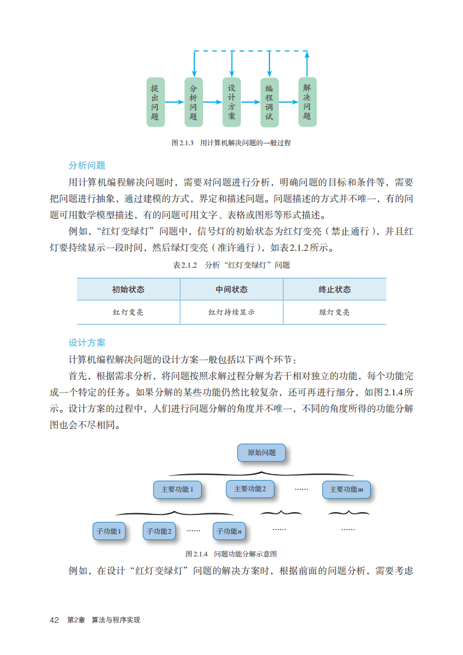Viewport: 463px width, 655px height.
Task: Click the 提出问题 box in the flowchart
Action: [155, 102]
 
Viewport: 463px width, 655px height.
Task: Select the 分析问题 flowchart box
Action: [194, 102]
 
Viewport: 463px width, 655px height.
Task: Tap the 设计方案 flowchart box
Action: [232, 102]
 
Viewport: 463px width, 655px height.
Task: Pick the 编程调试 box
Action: [269, 102]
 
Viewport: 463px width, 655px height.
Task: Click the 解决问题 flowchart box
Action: [307, 101]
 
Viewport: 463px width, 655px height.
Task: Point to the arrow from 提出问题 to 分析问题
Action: [174, 102]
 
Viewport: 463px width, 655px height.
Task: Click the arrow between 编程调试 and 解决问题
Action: [288, 102]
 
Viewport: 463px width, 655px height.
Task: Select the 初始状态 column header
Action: [128, 289]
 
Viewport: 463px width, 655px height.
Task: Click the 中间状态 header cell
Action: [232, 289]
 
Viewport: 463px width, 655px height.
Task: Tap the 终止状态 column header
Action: [335, 289]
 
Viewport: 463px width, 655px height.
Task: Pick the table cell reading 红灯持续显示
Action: [232, 312]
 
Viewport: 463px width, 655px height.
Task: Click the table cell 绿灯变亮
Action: [335, 312]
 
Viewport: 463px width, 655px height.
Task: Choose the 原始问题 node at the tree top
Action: [262, 453]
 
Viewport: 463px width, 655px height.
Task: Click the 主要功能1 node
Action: [177, 489]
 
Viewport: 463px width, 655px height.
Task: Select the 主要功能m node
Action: [346, 489]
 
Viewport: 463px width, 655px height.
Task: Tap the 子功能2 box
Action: [159, 531]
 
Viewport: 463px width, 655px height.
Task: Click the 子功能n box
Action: [229, 531]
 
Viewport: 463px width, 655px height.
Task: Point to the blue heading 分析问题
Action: [87, 165]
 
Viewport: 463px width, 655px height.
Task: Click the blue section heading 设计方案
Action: [87, 342]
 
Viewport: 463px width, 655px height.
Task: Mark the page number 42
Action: [55, 619]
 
